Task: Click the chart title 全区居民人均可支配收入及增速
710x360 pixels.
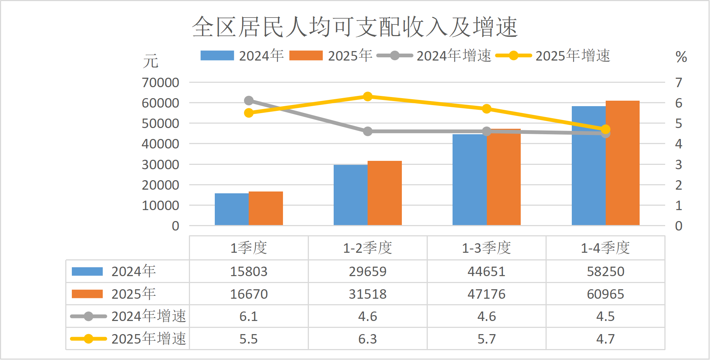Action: point(354,27)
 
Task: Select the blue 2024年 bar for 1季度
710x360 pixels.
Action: point(232,209)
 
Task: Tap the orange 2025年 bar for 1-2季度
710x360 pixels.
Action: point(385,193)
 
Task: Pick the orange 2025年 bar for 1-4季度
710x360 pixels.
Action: point(622,163)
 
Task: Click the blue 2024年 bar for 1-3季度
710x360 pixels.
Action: point(469,179)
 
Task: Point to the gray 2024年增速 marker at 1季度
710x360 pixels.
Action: point(249,101)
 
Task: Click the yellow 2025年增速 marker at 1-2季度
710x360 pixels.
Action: point(368,97)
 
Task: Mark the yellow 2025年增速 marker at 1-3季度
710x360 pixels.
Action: point(486,109)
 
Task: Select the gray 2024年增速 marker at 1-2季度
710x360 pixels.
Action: point(368,131)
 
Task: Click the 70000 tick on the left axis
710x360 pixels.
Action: point(160,83)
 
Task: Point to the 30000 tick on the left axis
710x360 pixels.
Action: point(160,164)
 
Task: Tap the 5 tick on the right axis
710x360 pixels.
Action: point(678,124)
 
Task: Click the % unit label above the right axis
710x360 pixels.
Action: point(681,57)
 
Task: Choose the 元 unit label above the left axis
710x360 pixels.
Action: point(150,61)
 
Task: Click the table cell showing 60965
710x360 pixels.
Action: point(605,294)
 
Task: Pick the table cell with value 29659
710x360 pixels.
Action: point(368,272)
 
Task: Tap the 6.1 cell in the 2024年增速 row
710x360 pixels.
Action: point(249,316)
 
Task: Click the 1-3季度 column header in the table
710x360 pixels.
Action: point(486,248)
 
